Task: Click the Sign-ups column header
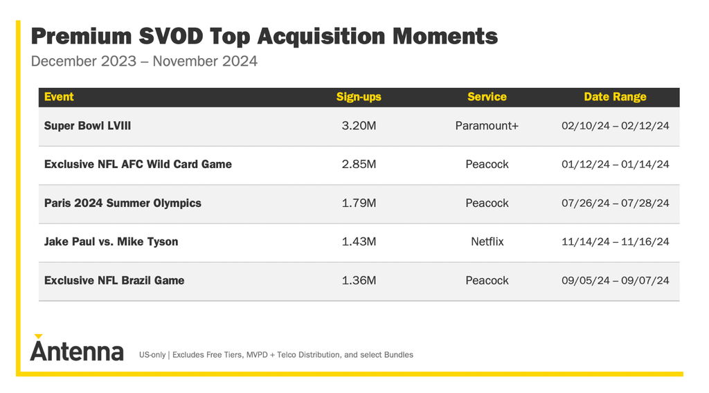359,97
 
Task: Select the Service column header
487,97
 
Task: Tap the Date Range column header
615,97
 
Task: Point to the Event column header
59,97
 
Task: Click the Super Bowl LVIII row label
87,125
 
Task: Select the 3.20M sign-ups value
359,125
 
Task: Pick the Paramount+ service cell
487,125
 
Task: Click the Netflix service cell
487,241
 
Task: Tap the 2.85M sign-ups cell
359,165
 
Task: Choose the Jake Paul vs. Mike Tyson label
111,241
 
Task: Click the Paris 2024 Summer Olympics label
123,203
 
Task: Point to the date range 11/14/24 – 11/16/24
615,241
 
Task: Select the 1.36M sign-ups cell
359,280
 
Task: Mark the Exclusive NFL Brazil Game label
114,280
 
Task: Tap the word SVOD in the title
171,36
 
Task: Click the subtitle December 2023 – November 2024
144,61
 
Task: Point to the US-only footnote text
276,355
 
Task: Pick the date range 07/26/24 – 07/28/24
615,203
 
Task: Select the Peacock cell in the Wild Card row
487,165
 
